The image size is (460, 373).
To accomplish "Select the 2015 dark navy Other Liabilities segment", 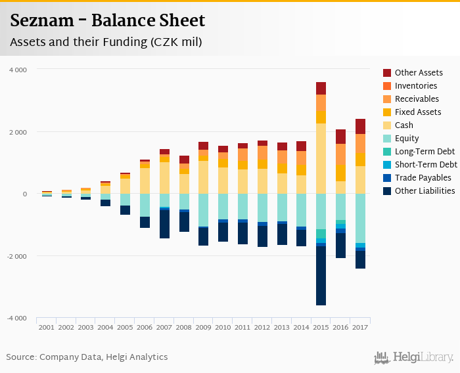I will [321, 276].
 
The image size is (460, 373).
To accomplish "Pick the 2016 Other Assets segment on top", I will [340, 136].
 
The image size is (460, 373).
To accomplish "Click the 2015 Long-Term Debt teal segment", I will [321, 234].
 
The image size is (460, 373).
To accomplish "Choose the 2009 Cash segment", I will [203, 177].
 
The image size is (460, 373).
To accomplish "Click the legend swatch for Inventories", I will [387, 86].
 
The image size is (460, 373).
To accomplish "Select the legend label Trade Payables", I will [423, 178].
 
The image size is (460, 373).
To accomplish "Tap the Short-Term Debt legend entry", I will [426, 165].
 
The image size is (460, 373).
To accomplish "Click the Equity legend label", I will [407, 139].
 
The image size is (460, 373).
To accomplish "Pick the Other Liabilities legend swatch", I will [387, 191].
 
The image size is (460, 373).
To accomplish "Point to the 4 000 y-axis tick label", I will [18, 70].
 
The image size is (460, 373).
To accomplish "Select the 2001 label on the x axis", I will [46, 327].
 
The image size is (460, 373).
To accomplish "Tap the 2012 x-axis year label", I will [262, 327].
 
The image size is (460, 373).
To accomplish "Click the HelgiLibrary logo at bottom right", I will [414, 357].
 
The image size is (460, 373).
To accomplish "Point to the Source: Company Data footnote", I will [87, 357].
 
